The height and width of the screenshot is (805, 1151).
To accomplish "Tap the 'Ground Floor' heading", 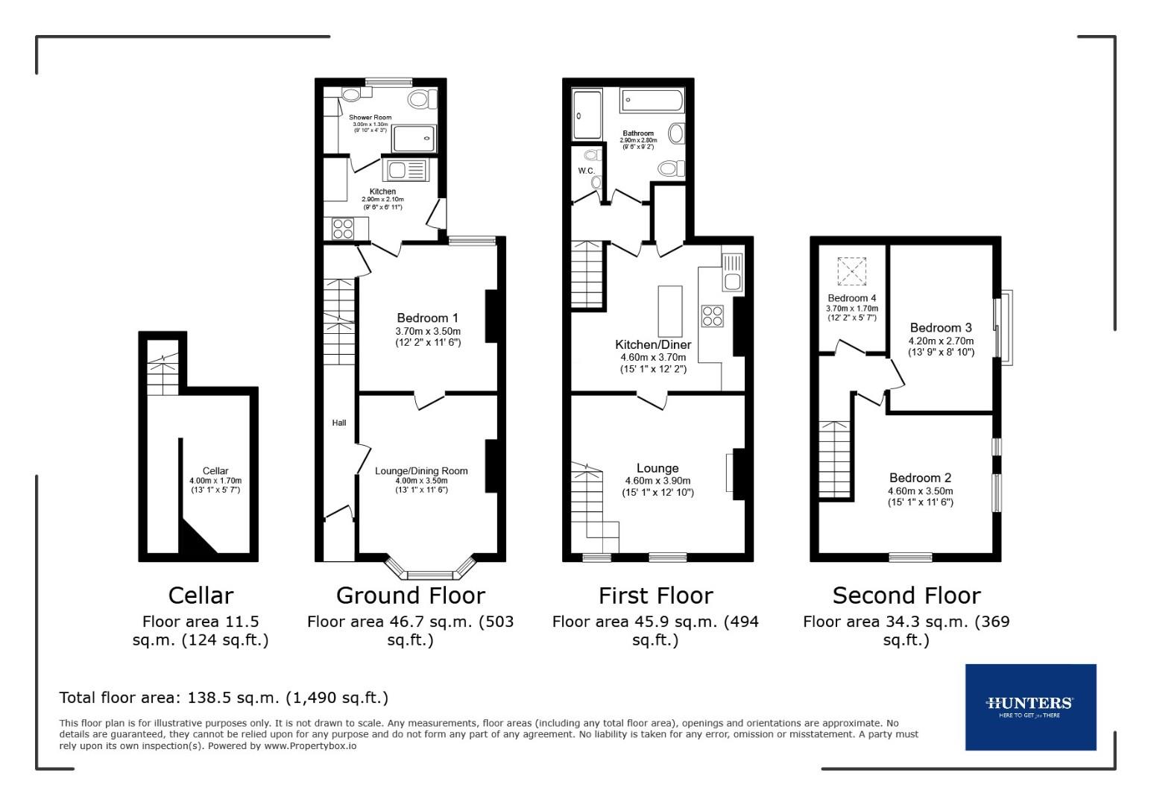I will pos(410,596).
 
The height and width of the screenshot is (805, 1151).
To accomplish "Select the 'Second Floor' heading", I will pos(906,596).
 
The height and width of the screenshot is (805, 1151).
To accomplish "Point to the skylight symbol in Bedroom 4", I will pos(852,271).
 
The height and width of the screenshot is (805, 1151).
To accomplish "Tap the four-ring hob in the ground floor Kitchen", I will pos(343,228).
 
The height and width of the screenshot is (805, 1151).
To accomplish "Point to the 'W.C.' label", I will pos(586,171).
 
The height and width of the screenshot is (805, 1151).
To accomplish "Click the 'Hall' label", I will pos(339,423).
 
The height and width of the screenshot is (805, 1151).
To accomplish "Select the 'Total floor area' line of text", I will pos(224,698).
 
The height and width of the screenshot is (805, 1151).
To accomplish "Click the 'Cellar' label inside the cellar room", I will pos(215,471).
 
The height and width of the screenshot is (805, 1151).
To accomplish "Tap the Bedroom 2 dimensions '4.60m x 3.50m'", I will pos(920,491).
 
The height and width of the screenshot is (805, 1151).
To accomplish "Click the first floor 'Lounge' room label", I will pos(658,468).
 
